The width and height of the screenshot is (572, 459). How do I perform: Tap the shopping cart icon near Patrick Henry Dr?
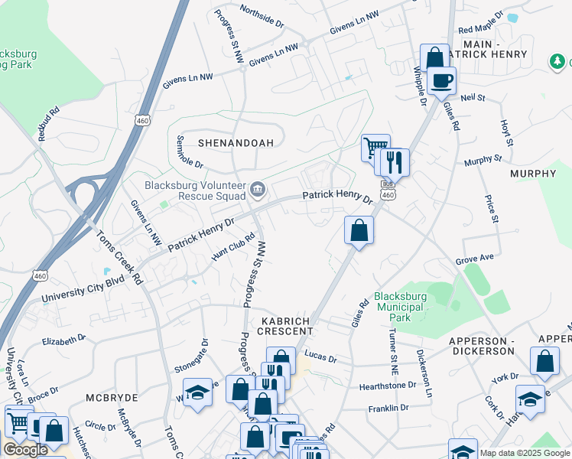tap(375, 147)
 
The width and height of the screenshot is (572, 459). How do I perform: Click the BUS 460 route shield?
tap(388, 191)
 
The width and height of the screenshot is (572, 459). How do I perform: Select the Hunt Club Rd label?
tap(232, 246)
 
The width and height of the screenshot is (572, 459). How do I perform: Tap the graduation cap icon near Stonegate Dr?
tap(197, 393)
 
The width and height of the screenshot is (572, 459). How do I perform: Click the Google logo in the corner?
tap(25, 450)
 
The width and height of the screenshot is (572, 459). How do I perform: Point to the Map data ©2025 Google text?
tap(525, 453)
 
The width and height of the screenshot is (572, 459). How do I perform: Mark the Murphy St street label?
tap(483, 161)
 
